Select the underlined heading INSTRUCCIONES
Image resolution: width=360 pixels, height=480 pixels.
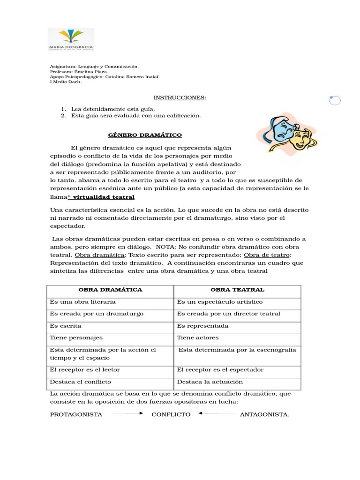[x=180, y=97]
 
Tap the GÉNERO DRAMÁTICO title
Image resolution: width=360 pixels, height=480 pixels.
[x=145, y=135]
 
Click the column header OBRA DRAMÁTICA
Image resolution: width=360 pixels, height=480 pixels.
[x=110, y=290]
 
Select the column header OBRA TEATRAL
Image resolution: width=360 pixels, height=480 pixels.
[x=237, y=290]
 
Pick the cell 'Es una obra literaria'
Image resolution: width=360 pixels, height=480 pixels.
[x=83, y=302]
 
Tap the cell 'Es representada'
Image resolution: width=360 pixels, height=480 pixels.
[x=202, y=325]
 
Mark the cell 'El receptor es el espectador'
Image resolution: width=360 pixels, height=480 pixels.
[x=220, y=370]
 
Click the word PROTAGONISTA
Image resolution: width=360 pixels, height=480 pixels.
[x=76, y=414]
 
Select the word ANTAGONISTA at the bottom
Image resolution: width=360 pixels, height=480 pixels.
[x=264, y=414]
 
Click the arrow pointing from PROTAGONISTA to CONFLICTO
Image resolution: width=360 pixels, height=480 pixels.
[x=127, y=413]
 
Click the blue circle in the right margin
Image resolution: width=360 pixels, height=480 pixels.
[x=335, y=100]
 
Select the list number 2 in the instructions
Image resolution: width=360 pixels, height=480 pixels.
[x=63, y=115]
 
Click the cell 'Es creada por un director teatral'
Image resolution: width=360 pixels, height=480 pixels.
[x=228, y=314]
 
